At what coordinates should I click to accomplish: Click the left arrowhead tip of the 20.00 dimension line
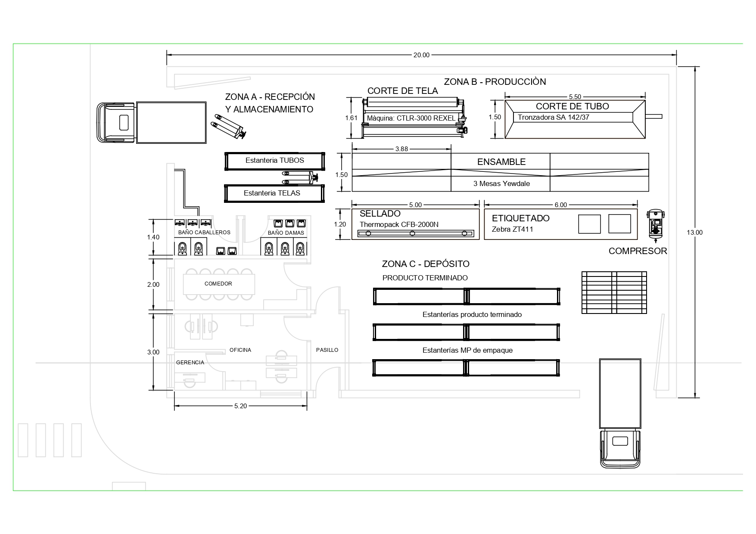click(x=167, y=55)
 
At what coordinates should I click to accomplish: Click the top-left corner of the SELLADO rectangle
click(x=352, y=209)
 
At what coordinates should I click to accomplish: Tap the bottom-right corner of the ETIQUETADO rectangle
click(x=637, y=239)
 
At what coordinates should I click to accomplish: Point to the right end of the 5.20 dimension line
click(x=307, y=406)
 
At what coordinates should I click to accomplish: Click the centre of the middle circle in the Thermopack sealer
click(x=412, y=233)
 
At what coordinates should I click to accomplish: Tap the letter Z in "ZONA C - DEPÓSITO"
click(x=385, y=264)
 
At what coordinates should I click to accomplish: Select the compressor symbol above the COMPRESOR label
click(x=656, y=224)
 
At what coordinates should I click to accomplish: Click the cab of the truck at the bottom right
click(x=620, y=448)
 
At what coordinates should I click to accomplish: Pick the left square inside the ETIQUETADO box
click(x=589, y=224)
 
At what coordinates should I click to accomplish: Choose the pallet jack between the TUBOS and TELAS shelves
click(x=300, y=177)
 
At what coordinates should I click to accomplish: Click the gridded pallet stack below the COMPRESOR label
click(x=614, y=292)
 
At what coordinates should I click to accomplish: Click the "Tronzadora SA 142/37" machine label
click(x=554, y=117)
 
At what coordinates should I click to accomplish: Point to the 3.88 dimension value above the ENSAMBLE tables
click(x=401, y=149)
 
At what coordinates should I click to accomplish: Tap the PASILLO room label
click(x=327, y=350)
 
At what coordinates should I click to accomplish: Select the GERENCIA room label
click(x=190, y=363)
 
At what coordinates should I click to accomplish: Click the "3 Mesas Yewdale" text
click(x=501, y=184)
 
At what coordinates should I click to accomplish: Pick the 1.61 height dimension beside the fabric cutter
click(x=352, y=118)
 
